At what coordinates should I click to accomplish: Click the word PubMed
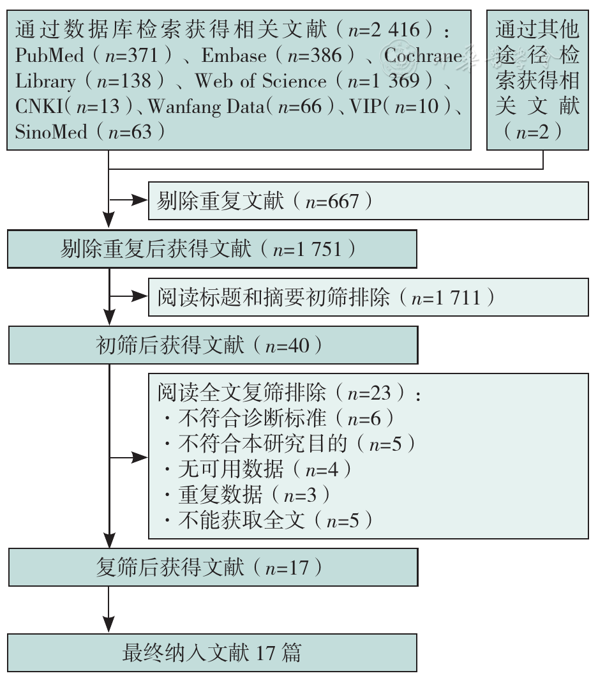pyautogui.click(x=49, y=56)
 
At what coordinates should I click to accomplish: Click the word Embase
pyautogui.click(x=234, y=56)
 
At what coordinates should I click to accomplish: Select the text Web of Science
pyautogui.click(x=260, y=81)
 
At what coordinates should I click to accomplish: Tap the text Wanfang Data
pyautogui.click(x=206, y=107)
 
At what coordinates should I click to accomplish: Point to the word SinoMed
pyautogui.click(x=51, y=132)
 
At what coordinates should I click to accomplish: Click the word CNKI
pyautogui.click(x=40, y=107)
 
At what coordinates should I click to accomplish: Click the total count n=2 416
pyautogui.click(x=384, y=30)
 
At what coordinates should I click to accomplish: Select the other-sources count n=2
pyautogui.click(x=532, y=132)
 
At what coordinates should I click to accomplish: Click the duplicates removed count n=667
pyautogui.click(x=332, y=202)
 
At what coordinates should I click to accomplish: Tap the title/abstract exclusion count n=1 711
pyautogui.click(x=446, y=298)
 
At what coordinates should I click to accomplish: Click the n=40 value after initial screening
pyautogui.click(x=287, y=345)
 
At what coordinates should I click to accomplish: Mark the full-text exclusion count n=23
pyautogui.click(x=369, y=393)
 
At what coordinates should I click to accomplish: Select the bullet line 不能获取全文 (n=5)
pyautogui.click(x=269, y=520)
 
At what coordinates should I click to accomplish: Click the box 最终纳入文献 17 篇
pyautogui.click(x=213, y=653)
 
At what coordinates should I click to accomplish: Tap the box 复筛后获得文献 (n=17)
pyautogui.click(x=213, y=568)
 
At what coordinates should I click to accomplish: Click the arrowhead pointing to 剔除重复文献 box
pyautogui.click(x=140, y=200)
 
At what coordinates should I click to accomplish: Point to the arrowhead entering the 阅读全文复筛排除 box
pyautogui.click(x=140, y=457)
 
